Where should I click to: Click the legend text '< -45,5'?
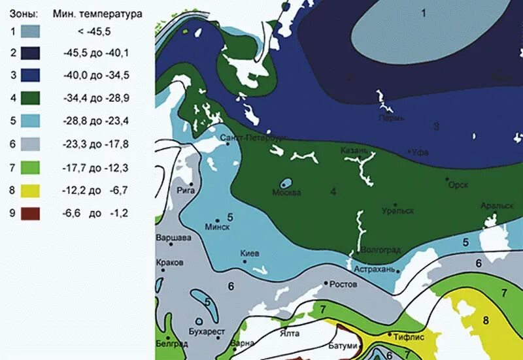[98, 31]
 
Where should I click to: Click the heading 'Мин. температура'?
[98, 13]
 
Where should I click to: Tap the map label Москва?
[287, 193]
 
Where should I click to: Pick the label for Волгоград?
[380, 249]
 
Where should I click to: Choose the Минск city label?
[217, 227]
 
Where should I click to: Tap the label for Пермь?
[391, 118]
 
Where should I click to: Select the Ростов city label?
[343, 285]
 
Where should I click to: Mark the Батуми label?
[343, 345]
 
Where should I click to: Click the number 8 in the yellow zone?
[486, 320]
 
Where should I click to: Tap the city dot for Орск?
[447, 178]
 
